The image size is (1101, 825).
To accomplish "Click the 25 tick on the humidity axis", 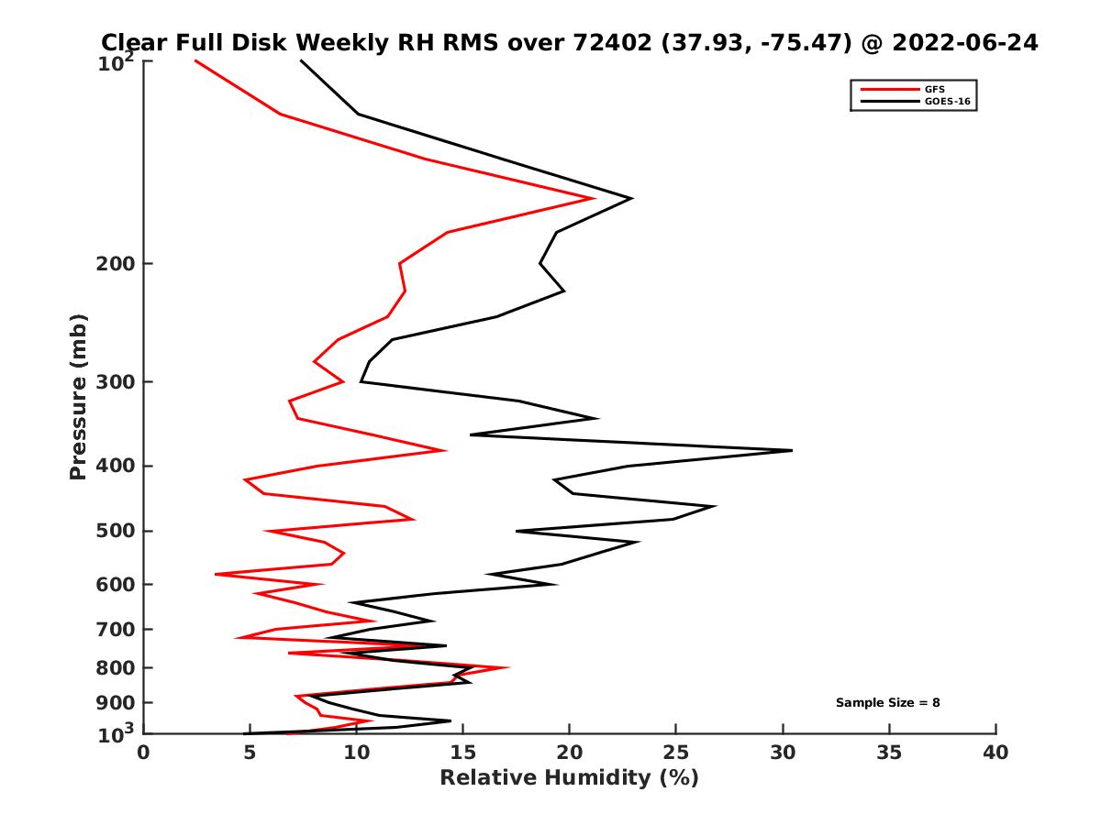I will [x=676, y=753].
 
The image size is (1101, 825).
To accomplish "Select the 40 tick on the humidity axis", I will [x=995, y=753].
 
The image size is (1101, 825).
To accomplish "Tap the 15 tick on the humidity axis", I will [x=462, y=753].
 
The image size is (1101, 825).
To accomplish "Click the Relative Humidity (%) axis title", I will [x=569, y=778].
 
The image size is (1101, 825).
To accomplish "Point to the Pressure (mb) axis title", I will [x=78, y=397].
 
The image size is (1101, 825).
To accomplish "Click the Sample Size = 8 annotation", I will [x=887, y=703].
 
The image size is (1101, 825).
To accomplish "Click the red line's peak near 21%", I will [x=595, y=198].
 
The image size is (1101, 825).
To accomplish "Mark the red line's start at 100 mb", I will [x=195, y=60].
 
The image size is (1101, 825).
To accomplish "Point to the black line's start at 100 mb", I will [x=301, y=60].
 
